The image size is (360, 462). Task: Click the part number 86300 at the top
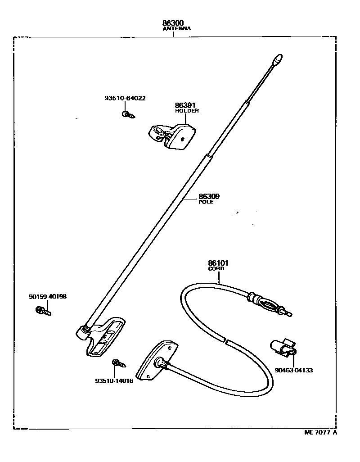point(173,23)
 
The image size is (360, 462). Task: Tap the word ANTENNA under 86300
point(176,28)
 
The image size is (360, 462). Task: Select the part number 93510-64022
point(125,98)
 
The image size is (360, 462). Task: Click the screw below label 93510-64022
point(127,114)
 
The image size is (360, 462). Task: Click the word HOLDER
point(187,111)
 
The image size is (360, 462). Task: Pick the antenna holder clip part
point(173,135)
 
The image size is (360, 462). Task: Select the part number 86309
point(209,196)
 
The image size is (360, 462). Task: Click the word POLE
point(206,202)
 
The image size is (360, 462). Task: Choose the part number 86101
point(218,263)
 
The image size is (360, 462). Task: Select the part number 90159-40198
point(48,296)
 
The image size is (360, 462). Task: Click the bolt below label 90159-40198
point(43,310)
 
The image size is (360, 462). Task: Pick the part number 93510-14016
point(114,381)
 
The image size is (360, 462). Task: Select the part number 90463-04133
point(293,370)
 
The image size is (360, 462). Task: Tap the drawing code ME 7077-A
point(320,433)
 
